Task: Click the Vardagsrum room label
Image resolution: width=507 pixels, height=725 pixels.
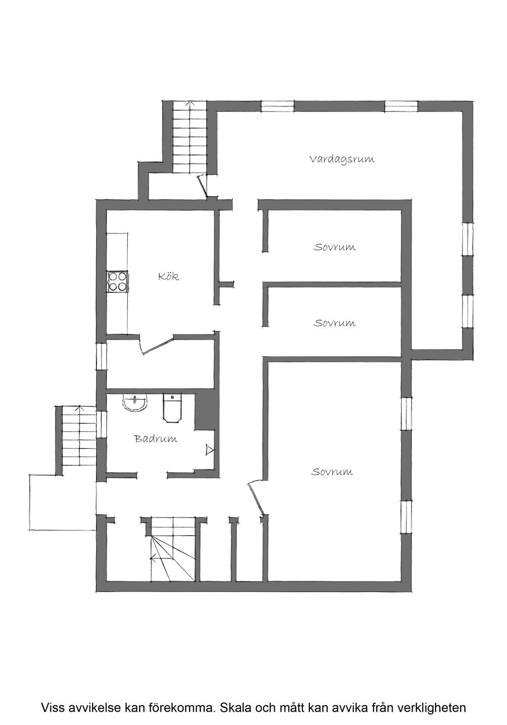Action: (342, 160)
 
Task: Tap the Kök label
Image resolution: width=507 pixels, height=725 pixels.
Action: (168, 277)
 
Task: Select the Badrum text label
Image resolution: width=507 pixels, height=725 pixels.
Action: (155, 439)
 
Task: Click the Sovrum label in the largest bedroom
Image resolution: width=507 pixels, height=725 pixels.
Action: (332, 472)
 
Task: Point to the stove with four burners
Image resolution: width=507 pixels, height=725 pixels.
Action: (117, 281)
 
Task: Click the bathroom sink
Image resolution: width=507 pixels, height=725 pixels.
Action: (135, 403)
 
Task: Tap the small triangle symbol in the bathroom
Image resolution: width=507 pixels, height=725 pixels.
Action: (210, 450)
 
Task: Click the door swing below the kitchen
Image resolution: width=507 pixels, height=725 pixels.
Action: (157, 345)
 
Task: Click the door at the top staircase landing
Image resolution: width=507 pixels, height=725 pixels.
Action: (203, 187)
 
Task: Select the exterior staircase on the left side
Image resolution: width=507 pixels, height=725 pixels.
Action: (78, 436)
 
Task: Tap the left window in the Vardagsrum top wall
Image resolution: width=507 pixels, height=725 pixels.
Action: (277, 106)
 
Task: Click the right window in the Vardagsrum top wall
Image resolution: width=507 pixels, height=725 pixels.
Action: (401, 106)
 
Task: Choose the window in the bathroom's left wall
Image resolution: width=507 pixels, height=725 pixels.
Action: (101, 425)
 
